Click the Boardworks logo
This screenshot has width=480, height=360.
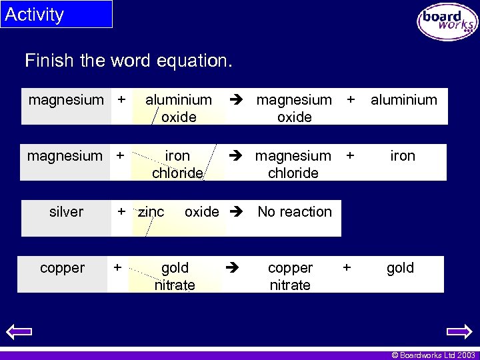[447, 21]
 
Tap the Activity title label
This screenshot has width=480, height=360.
[35, 15]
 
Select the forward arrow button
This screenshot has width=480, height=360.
[459, 331]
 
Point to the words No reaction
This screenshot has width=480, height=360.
[295, 212]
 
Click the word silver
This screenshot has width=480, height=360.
[67, 212]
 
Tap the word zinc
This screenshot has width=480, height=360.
[151, 212]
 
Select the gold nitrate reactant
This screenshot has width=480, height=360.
[175, 276]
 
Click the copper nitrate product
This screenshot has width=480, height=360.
[290, 276]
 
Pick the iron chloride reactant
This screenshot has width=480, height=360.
[177, 164]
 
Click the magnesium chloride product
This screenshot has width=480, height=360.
[293, 164]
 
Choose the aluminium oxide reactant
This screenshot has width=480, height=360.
[179, 108]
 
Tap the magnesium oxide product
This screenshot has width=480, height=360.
[294, 108]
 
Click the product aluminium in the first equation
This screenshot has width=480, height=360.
[404, 100]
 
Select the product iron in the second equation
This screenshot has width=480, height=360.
[403, 156]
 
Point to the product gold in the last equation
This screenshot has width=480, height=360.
[400, 268]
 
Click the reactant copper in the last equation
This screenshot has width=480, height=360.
[63, 268]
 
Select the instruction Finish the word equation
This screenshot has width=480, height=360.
[129, 61]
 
